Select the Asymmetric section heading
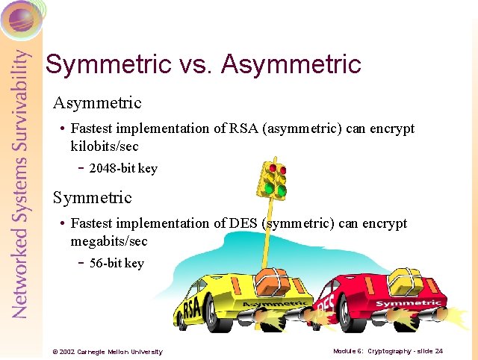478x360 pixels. click(x=96, y=102)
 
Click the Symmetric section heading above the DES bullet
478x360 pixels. click(x=92, y=198)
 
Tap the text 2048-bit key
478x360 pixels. click(x=123, y=168)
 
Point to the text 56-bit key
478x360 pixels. click(x=117, y=263)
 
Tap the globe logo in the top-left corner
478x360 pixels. click(x=21, y=19)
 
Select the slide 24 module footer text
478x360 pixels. click(x=388, y=350)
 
